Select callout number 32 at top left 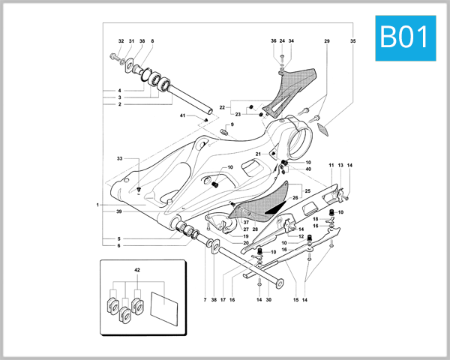(x=121, y=41)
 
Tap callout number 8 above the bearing (x=152, y=41)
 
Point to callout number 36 (x=273, y=41)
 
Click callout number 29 (x=327, y=41)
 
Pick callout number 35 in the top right (x=352, y=41)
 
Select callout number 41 (x=182, y=115)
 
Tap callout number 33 (x=118, y=159)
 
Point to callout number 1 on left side (x=97, y=204)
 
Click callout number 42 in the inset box (x=137, y=268)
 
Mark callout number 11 (x=331, y=164)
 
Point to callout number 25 (x=307, y=192)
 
